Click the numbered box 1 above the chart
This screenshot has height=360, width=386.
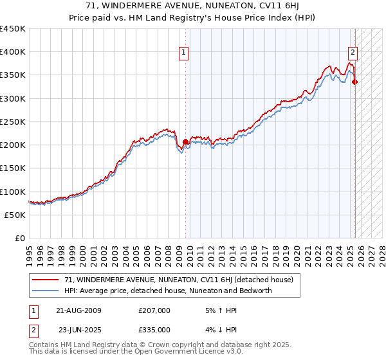click(184, 53)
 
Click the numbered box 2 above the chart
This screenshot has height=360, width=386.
click(353, 53)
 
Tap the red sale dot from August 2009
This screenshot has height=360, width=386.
click(185, 141)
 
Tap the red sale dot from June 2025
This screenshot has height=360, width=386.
click(355, 82)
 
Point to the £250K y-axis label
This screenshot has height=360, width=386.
click(13, 122)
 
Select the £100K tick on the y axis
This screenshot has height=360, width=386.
click(13, 192)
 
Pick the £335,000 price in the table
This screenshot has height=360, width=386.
click(154, 330)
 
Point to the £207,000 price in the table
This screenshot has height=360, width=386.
click(154, 310)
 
